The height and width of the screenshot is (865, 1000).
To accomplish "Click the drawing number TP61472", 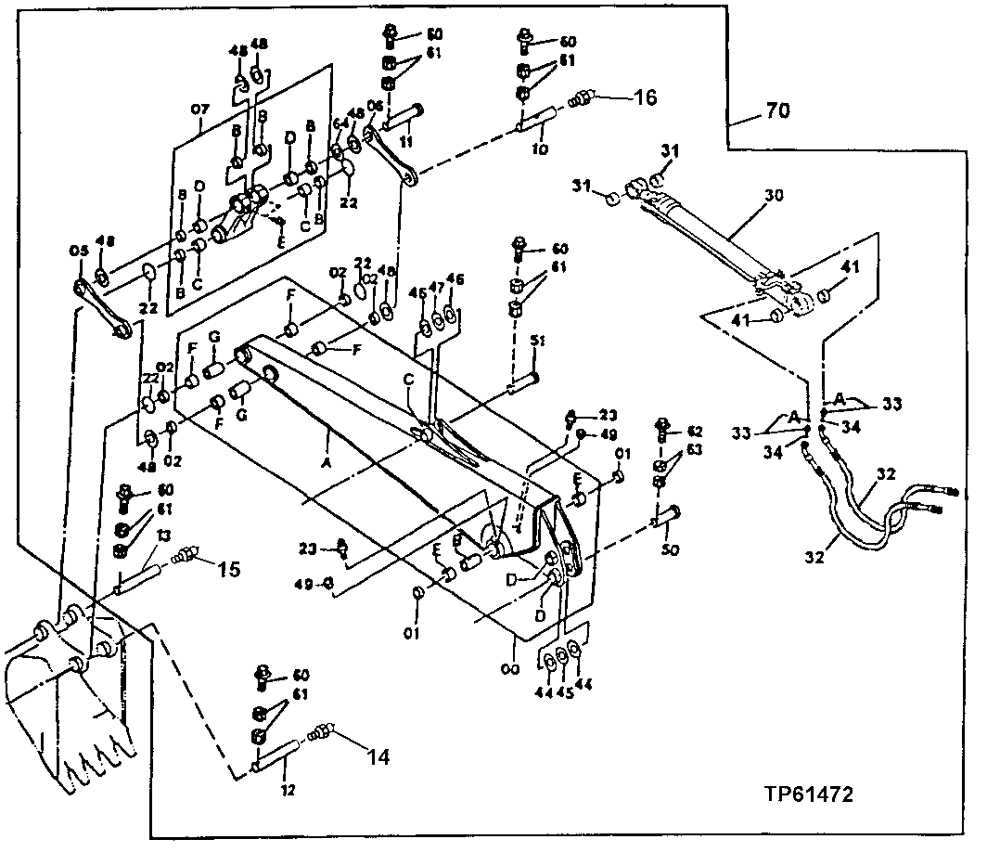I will [x=809, y=794].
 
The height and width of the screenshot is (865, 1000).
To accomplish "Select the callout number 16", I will [x=645, y=97].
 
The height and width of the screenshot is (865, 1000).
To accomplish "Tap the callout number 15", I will [x=228, y=568].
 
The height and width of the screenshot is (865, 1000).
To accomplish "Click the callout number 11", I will [x=404, y=141].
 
